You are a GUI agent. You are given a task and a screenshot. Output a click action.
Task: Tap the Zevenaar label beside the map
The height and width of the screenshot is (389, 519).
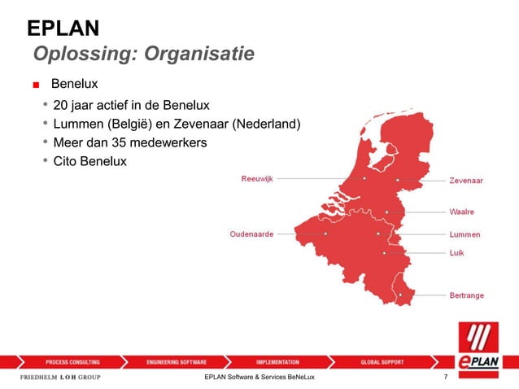466,181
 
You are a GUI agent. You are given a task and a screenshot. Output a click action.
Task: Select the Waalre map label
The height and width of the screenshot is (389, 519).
462,212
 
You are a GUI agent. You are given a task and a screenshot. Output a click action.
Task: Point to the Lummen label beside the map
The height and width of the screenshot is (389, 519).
464,234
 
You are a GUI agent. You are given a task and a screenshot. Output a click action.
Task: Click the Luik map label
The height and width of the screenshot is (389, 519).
457,253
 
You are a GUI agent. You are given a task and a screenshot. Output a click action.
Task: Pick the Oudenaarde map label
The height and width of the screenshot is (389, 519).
251,234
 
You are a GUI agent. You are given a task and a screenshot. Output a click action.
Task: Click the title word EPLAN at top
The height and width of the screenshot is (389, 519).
63,29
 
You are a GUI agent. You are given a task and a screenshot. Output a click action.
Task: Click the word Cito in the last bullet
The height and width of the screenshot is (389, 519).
66,161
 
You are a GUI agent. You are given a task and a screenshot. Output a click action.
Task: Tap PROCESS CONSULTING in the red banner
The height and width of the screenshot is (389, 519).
73,361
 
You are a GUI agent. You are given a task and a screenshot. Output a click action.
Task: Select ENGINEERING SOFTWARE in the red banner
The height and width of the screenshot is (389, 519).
177,361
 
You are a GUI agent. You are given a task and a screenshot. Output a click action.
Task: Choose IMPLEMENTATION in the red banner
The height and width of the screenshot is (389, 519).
277,361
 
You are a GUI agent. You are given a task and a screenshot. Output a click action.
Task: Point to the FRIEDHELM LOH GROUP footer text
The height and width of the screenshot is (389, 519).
60,378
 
